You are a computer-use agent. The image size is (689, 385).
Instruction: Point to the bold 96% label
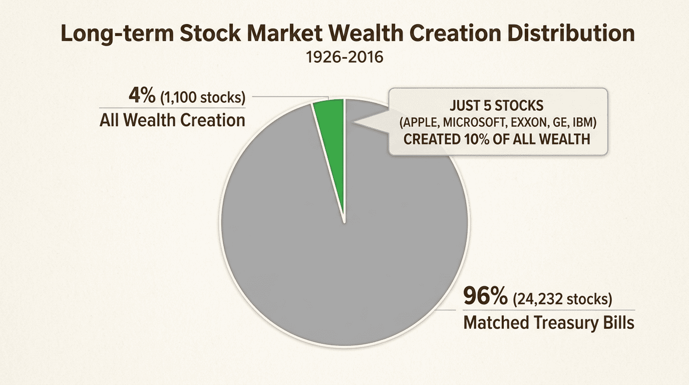pos(485,298)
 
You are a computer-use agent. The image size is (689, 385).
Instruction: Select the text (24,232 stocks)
pos(562,299)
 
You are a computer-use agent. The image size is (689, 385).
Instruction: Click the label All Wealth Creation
pos(172,120)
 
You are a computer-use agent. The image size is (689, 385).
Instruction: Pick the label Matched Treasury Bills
pos(549,322)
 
